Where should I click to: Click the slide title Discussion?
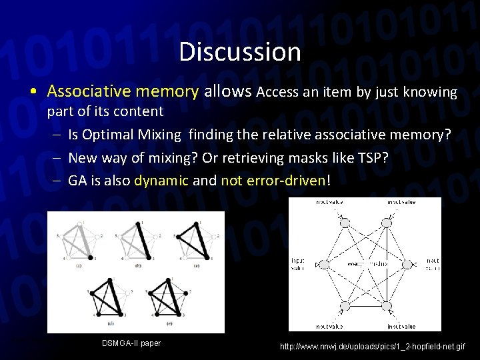(239, 51)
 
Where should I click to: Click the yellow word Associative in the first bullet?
(83, 91)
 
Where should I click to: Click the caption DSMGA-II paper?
(131, 343)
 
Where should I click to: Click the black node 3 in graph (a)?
(90, 257)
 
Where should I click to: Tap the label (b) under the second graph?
(137, 265)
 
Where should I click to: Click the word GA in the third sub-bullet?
(77, 181)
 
